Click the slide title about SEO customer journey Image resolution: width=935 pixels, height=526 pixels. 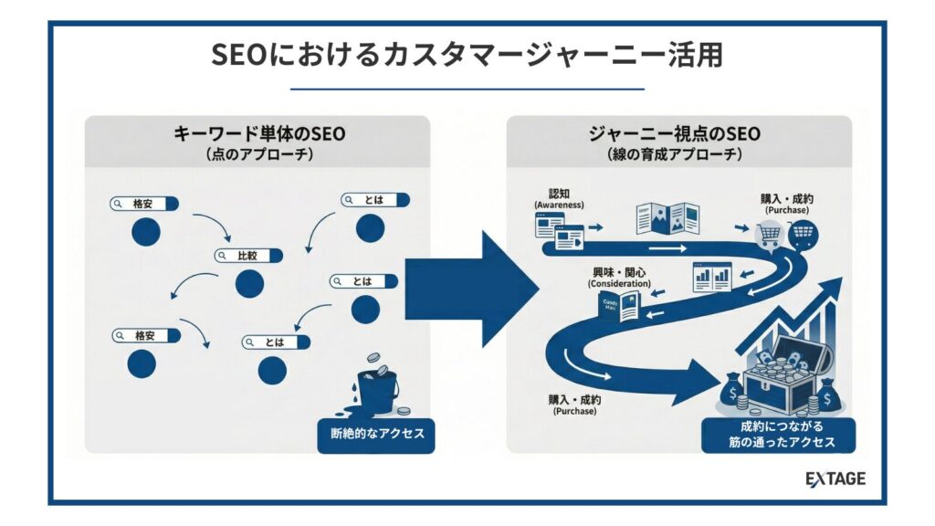(467, 54)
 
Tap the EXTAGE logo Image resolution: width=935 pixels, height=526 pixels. (835, 479)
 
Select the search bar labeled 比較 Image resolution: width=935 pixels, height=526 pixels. (247, 256)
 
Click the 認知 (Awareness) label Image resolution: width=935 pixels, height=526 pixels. (559, 198)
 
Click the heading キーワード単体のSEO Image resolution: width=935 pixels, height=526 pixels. (259, 134)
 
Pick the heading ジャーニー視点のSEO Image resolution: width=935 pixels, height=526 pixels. (675, 134)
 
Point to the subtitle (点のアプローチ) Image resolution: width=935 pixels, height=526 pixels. (259, 154)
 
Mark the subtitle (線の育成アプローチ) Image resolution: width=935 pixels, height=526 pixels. (675, 154)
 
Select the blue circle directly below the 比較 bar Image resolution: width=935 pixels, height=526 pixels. (248, 283)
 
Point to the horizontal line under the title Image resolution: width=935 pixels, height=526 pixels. (467, 89)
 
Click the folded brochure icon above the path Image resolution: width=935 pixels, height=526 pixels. (667, 218)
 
